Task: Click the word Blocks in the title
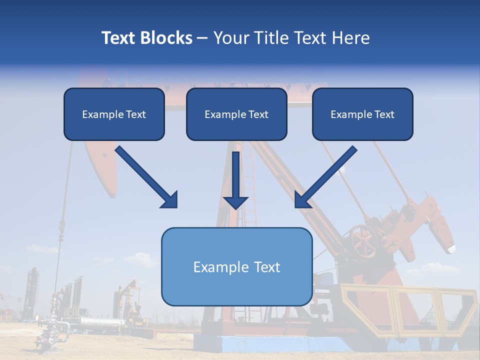pyautogui.click(x=167, y=38)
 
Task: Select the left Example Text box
pyautogui.click(x=114, y=114)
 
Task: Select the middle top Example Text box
pyautogui.click(x=236, y=114)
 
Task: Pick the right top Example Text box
pyautogui.click(x=362, y=114)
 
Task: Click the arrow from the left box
pyautogui.click(x=145, y=176)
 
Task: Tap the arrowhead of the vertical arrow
pyautogui.click(x=235, y=202)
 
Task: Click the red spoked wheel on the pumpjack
pyautogui.click(x=364, y=240)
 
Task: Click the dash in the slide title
pyautogui.click(x=202, y=38)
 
